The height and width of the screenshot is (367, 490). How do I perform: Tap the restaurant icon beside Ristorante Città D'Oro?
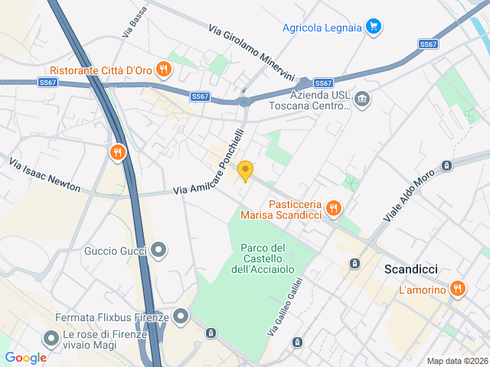click(x=163, y=70)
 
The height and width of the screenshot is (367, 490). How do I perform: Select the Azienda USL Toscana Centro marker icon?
click(x=362, y=99)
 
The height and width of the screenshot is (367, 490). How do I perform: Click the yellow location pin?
click(x=245, y=171)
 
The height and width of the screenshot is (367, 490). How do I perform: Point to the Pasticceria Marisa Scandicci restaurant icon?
click(x=333, y=207)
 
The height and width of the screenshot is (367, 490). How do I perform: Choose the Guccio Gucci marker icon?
click(x=158, y=250)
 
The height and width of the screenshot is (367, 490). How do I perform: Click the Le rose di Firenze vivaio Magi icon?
click(x=51, y=337)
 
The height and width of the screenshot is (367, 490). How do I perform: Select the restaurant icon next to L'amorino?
click(x=457, y=289)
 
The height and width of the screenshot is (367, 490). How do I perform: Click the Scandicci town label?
click(x=410, y=270)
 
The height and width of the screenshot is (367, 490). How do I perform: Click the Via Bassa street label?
click(x=133, y=25)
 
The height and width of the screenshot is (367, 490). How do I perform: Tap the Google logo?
click(x=25, y=357)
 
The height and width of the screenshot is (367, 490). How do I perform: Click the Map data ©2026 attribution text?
click(x=456, y=361)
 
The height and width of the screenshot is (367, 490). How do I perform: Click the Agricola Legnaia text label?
click(x=321, y=28)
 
